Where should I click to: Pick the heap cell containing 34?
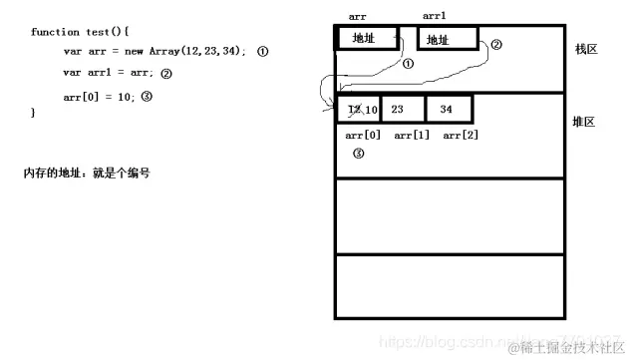point(449,109)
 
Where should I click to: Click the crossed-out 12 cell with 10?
point(360,109)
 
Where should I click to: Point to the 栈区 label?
point(586,49)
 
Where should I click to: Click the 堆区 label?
point(586,121)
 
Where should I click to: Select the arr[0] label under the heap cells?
point(362,135)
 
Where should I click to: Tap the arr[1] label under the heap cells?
point(411,135)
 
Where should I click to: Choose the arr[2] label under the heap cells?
point(460,135)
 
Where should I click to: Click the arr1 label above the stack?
point(435,16)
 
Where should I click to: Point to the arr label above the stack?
point(358,16)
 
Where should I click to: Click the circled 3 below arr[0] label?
point(359,154)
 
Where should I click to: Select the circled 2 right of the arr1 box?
point(496,44)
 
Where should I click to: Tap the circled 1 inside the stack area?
point(408,63)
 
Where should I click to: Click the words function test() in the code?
point(65,32)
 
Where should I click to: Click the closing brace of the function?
point(33,113)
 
